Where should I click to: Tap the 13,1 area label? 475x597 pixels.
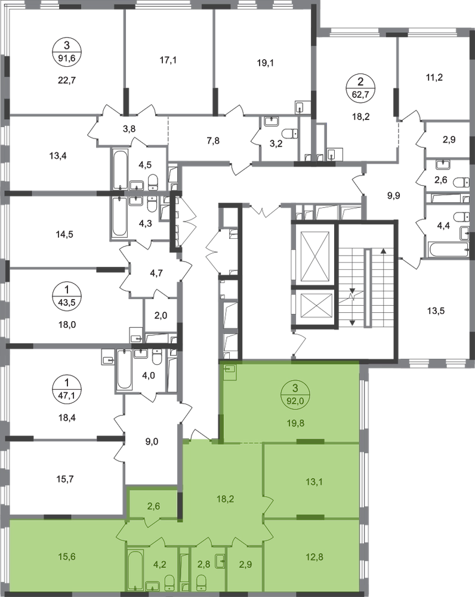click(313, 484)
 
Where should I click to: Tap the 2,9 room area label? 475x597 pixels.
click(246, 565)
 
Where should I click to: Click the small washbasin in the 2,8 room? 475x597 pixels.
click(219, 561)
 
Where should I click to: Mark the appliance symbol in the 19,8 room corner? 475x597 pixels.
click(229, 372)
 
